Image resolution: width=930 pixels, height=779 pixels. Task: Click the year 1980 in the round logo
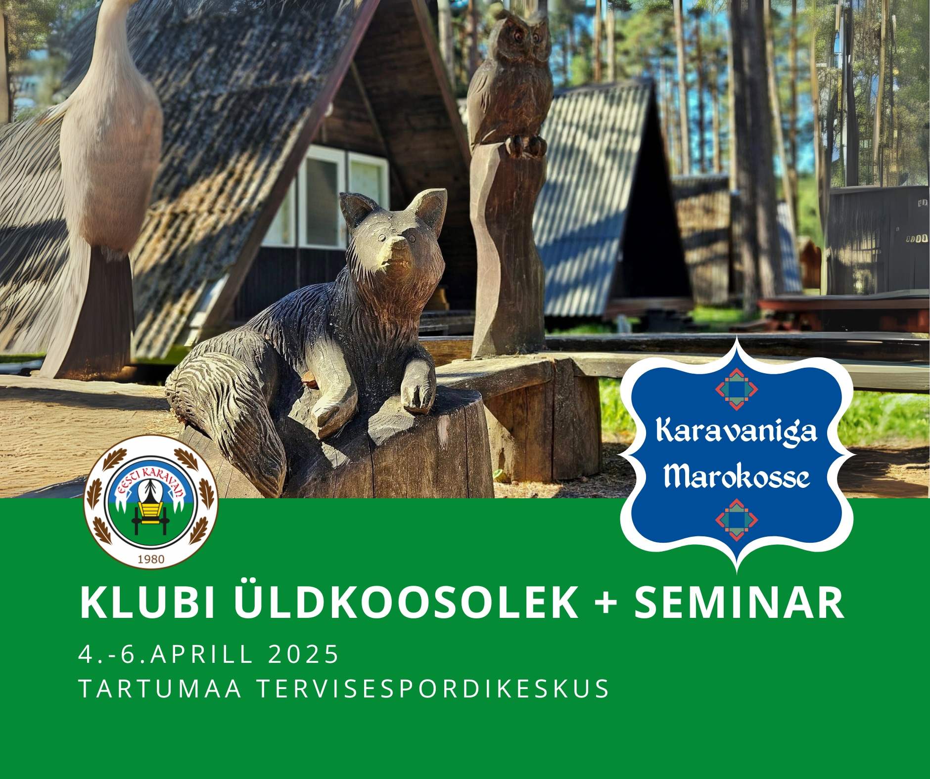pos(151,559)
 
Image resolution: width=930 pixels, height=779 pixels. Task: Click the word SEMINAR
pos(739,603)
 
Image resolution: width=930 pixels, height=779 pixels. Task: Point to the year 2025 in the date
pos(303,653)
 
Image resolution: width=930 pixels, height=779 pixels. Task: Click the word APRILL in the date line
pos(202,653)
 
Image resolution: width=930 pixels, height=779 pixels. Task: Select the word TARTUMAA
pos(160,689)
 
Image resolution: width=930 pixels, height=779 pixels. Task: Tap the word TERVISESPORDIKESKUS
pos(433,689)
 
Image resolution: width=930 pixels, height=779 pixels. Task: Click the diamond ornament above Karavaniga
pos(737,389)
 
